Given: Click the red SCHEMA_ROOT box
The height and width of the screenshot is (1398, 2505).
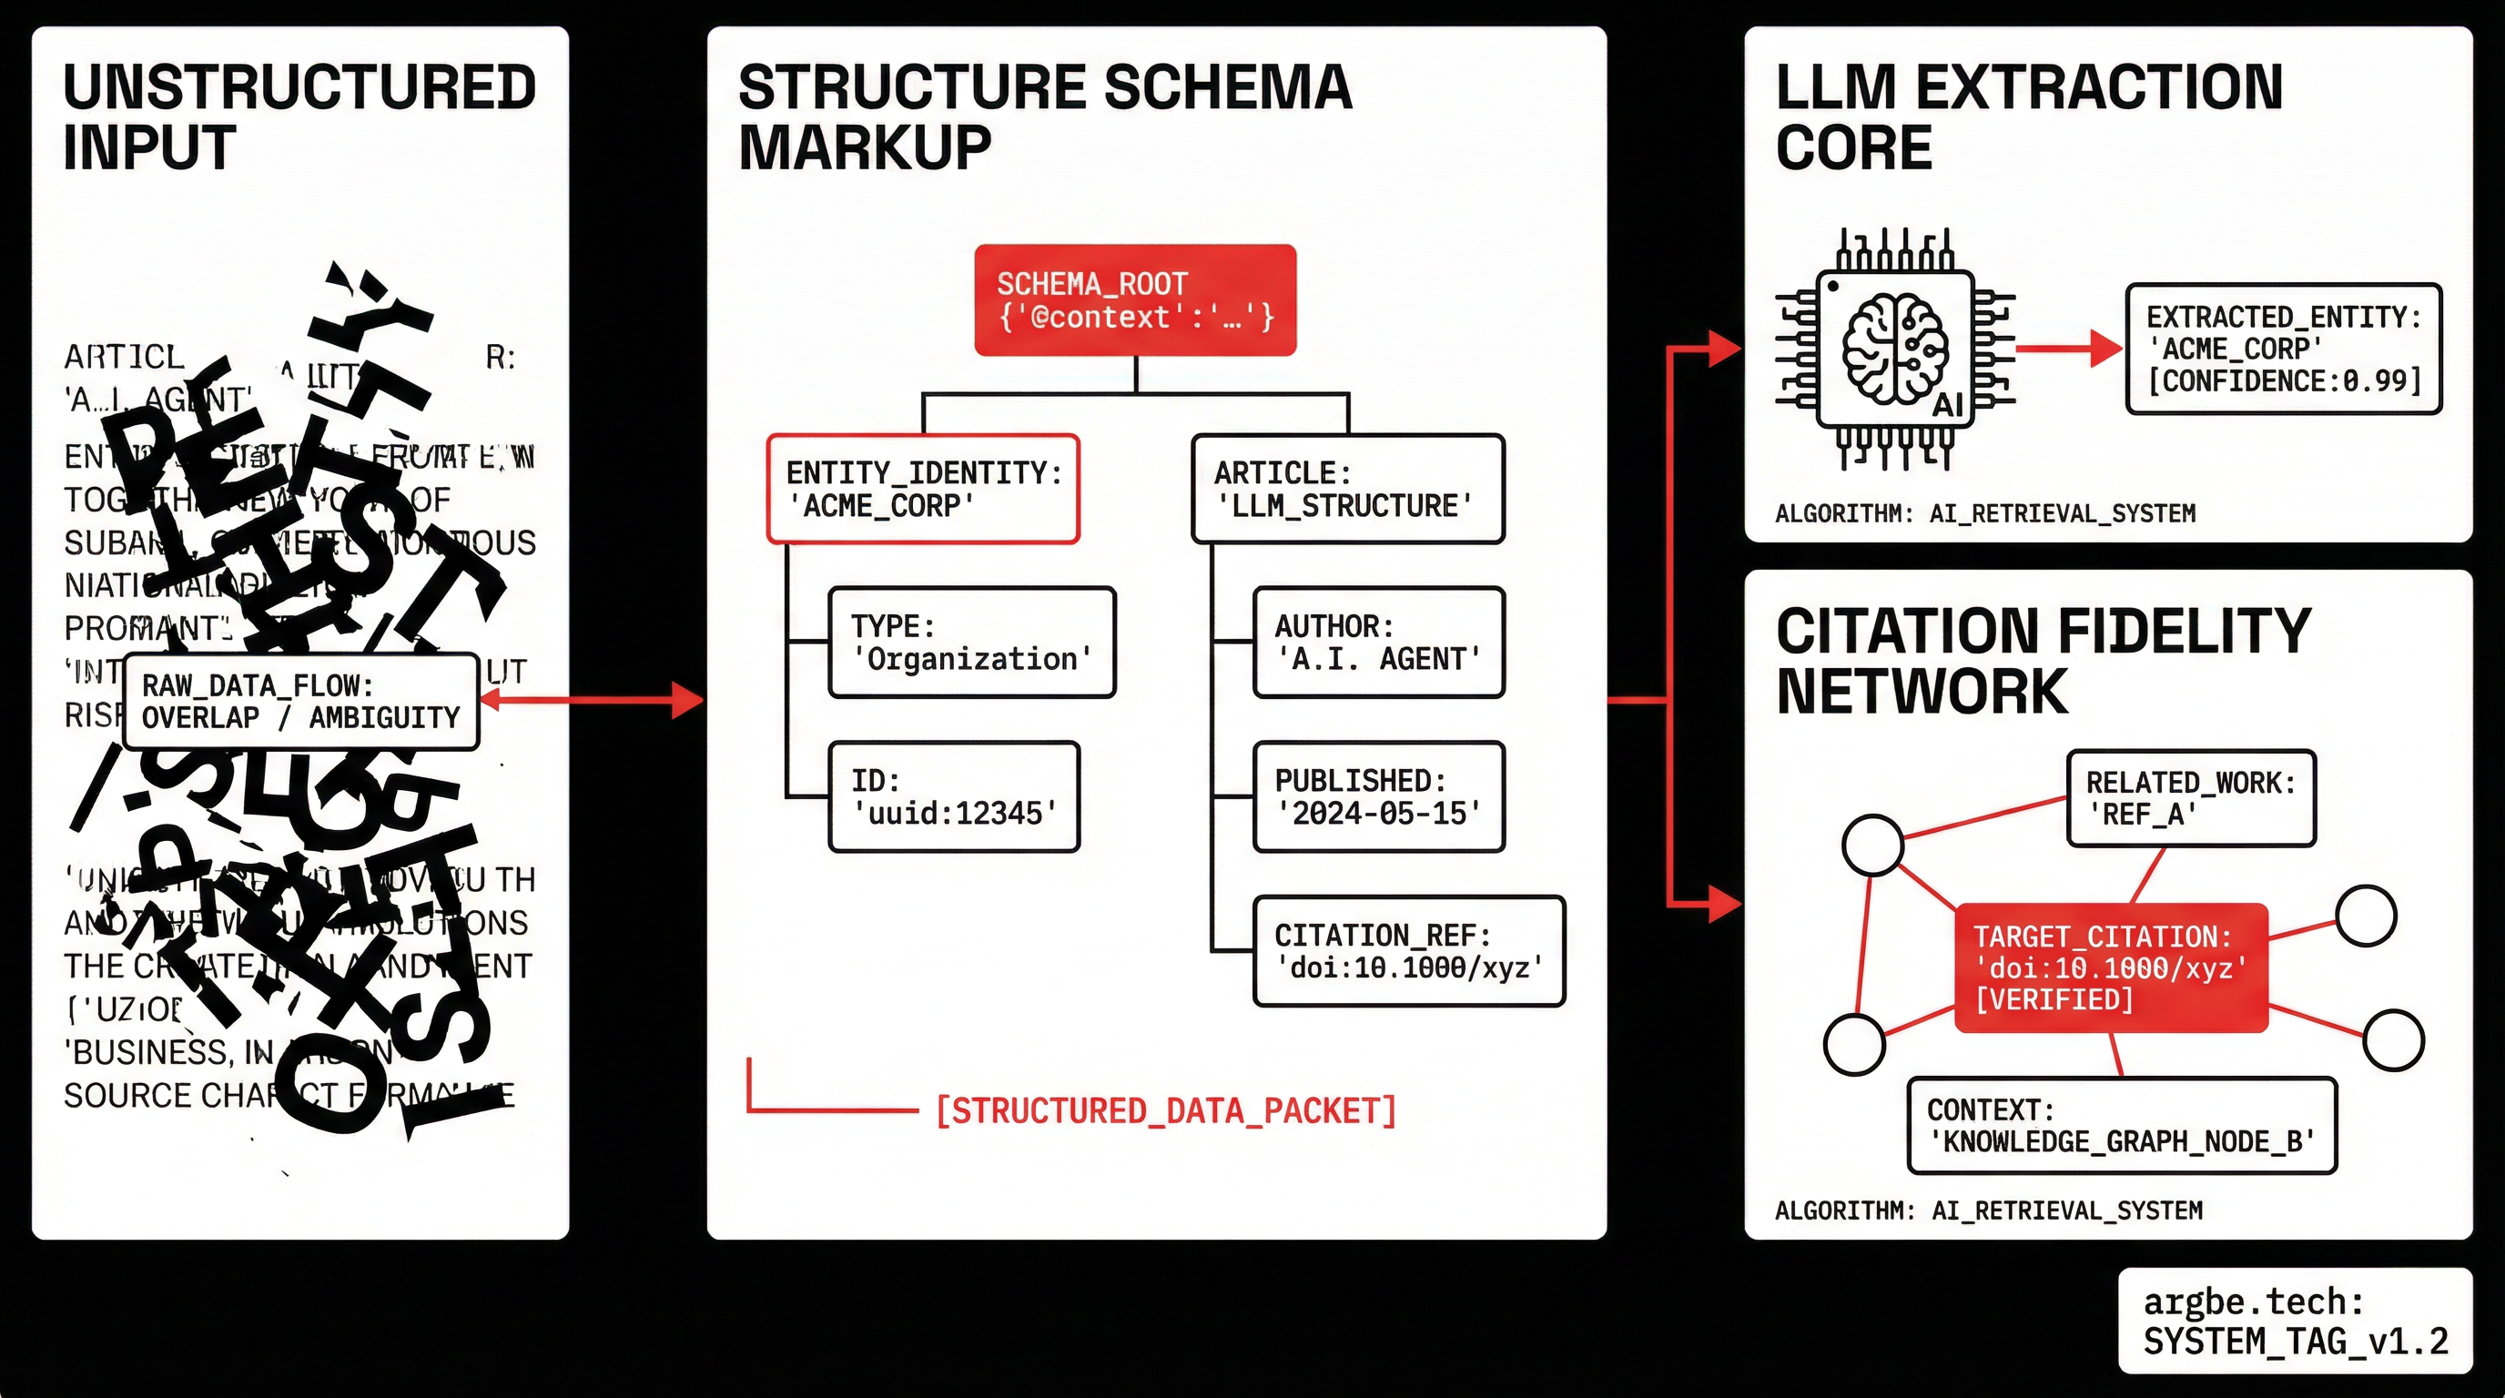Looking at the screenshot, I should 1135,299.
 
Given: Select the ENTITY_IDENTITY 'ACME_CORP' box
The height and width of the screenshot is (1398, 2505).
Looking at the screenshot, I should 923,488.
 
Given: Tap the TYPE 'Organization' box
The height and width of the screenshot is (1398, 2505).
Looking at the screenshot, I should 971,642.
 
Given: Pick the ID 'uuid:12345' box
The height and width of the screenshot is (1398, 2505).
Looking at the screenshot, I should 954,796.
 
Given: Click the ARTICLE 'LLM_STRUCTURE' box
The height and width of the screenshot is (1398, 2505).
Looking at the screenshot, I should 1347,488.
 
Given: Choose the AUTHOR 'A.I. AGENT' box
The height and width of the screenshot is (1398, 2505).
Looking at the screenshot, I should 1378,642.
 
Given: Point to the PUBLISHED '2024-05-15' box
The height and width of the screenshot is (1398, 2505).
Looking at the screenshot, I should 1378,796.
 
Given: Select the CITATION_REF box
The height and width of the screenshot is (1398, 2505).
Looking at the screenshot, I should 1408,950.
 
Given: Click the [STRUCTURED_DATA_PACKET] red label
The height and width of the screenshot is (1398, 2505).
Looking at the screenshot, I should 1165,1110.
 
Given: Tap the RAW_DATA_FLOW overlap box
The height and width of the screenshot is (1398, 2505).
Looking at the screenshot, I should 301,701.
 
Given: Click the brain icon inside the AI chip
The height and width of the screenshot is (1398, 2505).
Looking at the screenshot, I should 1894,348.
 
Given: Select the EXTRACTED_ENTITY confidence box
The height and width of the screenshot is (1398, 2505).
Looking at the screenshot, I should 2282,348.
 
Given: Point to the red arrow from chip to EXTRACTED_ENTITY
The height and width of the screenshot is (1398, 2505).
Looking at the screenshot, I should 2066,348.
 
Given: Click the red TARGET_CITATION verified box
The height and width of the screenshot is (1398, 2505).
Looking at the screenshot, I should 2110,967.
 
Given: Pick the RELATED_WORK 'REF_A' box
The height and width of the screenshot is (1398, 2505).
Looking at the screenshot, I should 2190,797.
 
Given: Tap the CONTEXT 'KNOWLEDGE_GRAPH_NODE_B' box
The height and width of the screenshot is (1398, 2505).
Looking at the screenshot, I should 2121,1125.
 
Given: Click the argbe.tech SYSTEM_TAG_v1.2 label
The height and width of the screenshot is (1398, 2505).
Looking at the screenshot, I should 2294,1321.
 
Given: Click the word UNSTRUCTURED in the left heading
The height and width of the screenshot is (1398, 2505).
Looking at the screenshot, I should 299,86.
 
